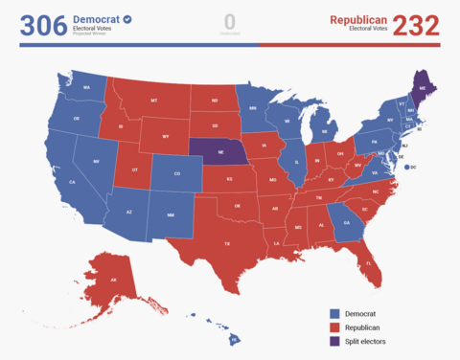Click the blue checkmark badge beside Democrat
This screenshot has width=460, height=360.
click(127, 19)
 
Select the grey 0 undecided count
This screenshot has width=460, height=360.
click(229, 21)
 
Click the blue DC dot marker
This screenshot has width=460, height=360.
click(407, 168)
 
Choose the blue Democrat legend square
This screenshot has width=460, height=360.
click(334, 313)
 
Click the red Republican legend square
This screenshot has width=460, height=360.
click(334, 326)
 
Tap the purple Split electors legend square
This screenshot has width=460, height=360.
click(334, 341)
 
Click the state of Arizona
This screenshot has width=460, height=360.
click(128, 212)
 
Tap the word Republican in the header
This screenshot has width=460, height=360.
click(358, 19)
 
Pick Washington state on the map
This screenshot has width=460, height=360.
click(87, 89)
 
